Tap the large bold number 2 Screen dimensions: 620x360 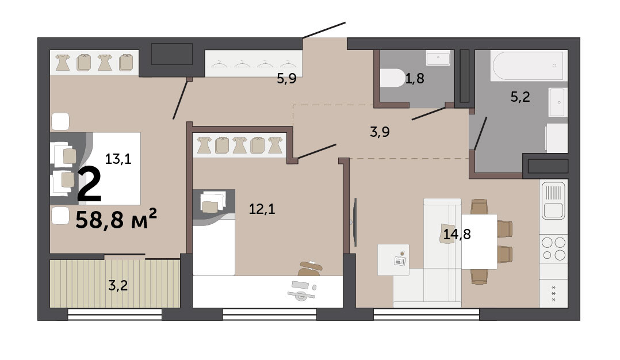89,184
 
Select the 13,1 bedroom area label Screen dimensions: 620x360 118,159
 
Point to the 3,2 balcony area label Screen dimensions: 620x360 118,285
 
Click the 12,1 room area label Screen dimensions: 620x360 262,209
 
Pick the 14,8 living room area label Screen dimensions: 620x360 457,234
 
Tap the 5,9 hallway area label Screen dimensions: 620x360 286,78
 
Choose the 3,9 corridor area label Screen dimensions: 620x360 380,132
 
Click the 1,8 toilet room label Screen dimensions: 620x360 414,78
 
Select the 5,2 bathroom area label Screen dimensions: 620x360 520,97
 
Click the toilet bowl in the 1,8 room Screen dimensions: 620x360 392,78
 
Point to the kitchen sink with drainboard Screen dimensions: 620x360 553,200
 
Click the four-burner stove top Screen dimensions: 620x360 553,248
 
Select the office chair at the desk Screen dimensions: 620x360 310,269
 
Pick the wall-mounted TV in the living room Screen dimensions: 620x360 355,221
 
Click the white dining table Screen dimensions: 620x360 479,242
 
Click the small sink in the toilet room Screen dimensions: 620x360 438,58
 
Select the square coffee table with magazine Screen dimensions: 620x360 393,259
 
